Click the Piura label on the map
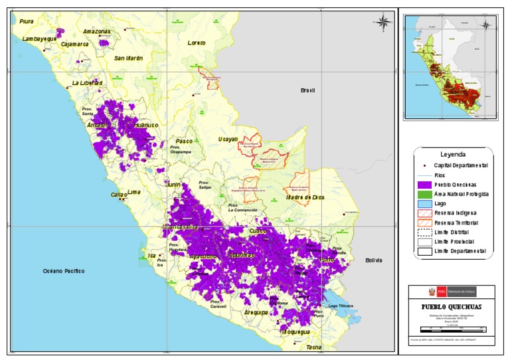coord(27,22)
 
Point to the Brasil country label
coord(307,90)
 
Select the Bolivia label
coord(375,260)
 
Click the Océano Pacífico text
coord(64,271)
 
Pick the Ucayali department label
coord(228,139)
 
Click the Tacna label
coord(313,347)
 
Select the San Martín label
coord(128,58)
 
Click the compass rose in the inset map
coord(485,26)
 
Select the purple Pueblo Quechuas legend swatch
coord(423,184)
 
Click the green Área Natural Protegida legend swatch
coord(423,194)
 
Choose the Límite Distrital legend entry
coord(451,232)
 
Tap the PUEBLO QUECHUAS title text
coord(451,307)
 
